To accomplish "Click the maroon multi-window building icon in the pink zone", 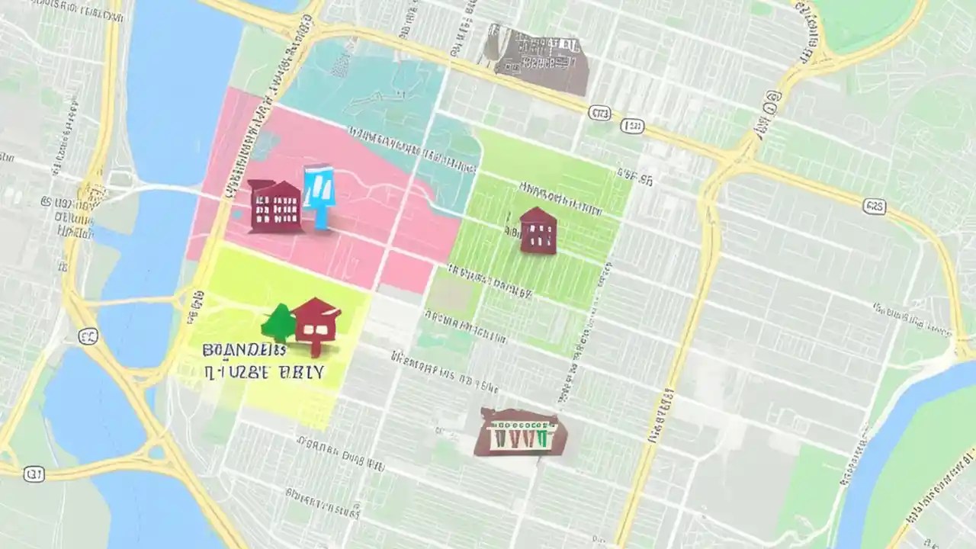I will click(274, 206).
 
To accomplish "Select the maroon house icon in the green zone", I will click(538, 230).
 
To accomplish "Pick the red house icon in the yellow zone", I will click(316, 326).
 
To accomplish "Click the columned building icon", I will click(520, 433).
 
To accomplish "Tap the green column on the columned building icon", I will click(541, 439).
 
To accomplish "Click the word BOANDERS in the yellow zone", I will click(244, 350).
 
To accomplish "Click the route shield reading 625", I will click(874, 207).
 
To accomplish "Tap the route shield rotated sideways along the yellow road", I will click(772, 98).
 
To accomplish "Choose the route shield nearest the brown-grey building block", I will click(599, 113).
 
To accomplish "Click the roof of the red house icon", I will click(316, 310).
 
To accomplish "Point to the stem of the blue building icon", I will click(320, 217).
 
